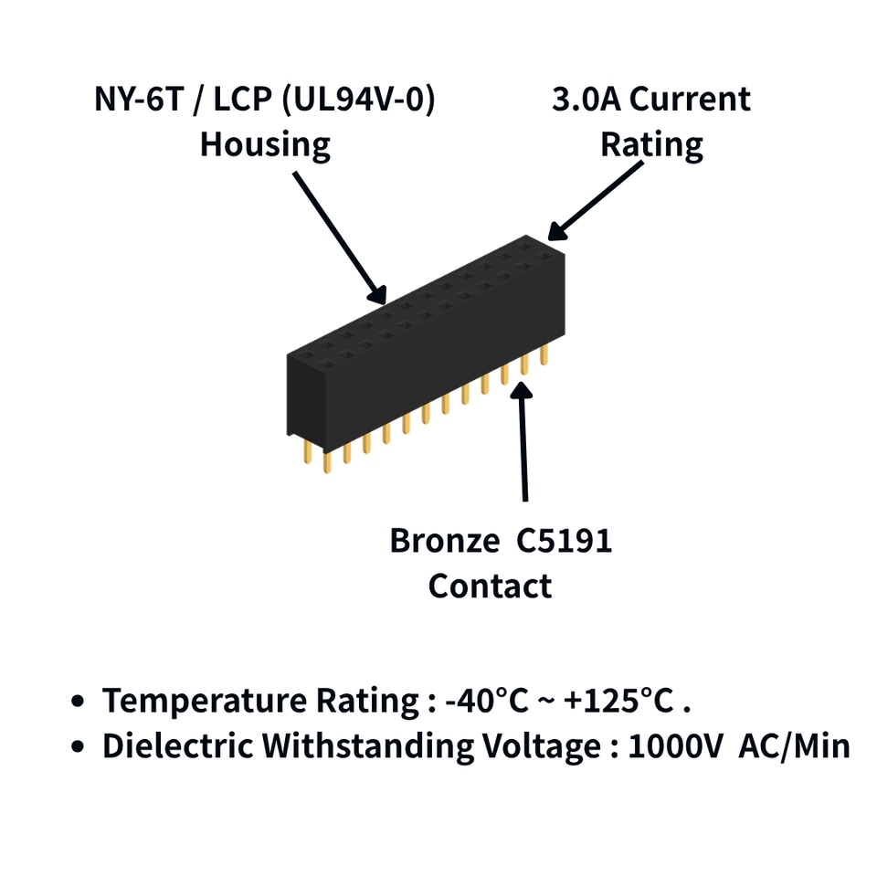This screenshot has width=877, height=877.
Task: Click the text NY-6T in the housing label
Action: pyautogui.click(x=139, y=100)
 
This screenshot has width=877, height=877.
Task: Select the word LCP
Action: pyautogui.click(x=243, y=100)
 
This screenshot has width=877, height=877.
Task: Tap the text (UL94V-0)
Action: pyautogui.click(x=358, y=100)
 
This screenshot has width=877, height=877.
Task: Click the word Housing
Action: pyautogui.click(x=265, y=145)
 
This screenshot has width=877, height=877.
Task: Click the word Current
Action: pyautogui.click(x=691, y=100)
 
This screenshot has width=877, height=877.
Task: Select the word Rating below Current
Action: pyautogui.click(x=651, y=145)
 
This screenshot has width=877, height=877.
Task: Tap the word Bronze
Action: pyautogui.click(x=445, y=541)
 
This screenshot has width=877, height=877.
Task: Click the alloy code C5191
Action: pyautogui.click(x=564, y=541)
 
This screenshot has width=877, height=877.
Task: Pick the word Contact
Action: pyautogui.click(x=490, y=586)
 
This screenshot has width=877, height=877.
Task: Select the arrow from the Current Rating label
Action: pyautogui.click(x=595, y=201)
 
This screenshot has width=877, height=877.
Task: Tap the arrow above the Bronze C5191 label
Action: pyautogui.click(x=523, y=440)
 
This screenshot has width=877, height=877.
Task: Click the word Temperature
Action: pyautogui.click(x=205, y=701)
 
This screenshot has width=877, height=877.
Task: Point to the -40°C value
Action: pyautogui.click(x=487, y=701)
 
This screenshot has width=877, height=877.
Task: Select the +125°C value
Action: pyautogui.click(x=618, y=701)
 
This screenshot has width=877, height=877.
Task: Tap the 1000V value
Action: pyautogui.click(x=676, y=745)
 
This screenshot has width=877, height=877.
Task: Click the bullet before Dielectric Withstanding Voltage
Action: pyautogui.click(x=78, y=746)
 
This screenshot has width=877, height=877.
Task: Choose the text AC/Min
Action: pyautogui.click(x=794, y=745)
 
